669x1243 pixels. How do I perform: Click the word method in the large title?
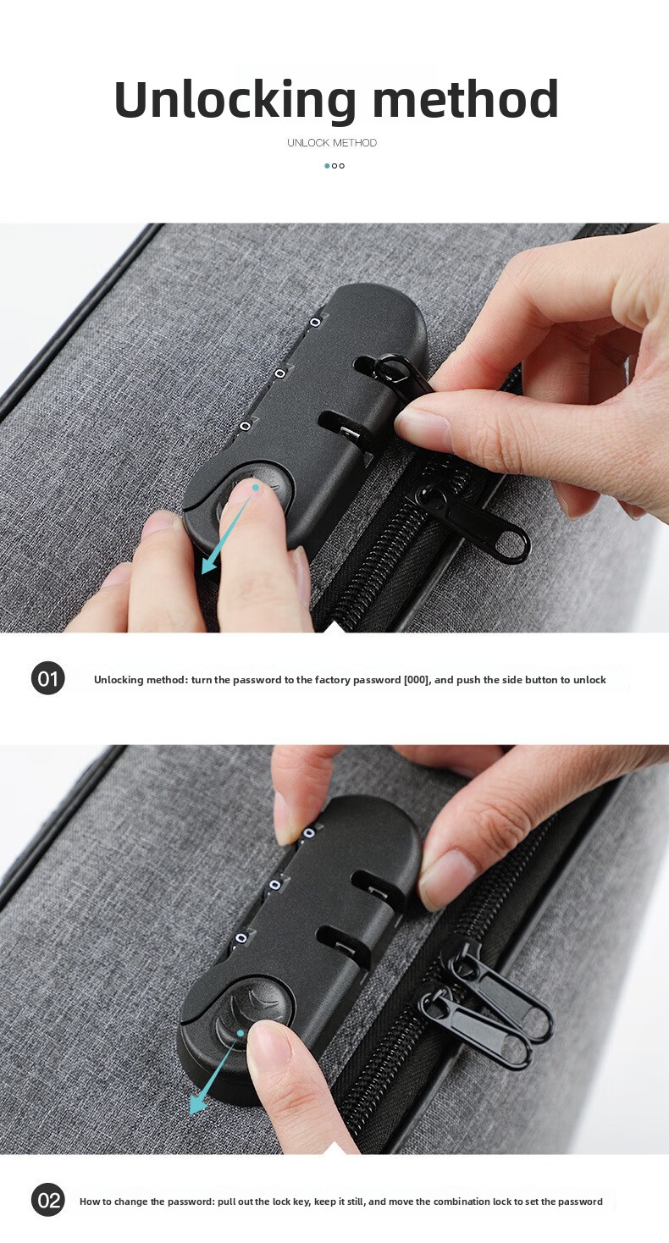(465, 99)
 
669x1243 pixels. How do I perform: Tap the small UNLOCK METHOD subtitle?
(332, 142)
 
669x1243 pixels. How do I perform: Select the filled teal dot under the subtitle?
(327, 166)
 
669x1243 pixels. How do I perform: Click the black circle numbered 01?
(47, 678)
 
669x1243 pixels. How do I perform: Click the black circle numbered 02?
(47, 1201)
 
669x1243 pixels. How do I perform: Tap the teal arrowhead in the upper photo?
(210, 565)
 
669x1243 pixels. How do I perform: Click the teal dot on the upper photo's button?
(256, 487)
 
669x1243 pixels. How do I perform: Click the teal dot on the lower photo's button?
(241, 1033)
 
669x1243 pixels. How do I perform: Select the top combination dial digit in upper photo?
(315, 323)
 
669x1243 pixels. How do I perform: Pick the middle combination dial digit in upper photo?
(280, 373)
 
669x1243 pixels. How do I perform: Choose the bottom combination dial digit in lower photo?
(241, 938)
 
